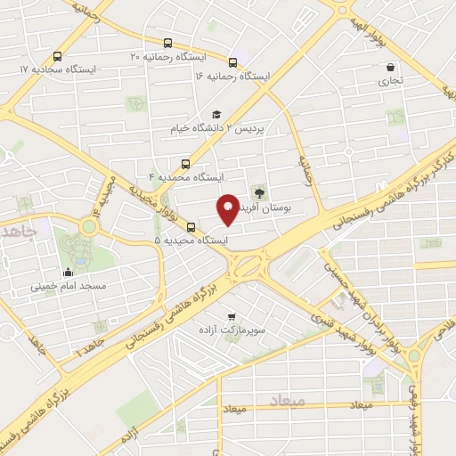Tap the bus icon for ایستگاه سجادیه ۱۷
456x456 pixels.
[x=59, y=53]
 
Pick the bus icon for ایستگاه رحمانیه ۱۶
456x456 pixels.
[x=232, y=62]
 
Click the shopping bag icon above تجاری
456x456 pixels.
[x=390, y=67]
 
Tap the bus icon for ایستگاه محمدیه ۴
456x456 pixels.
[x=185, y=163]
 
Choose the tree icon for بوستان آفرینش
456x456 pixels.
[x=259, y=191]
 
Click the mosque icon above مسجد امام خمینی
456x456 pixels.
[x=69, y=273]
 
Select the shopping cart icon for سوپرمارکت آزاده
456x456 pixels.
[x=232, y=315]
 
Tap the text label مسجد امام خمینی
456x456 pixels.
[x=69, y=287]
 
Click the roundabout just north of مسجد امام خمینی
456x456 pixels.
[x=88, y=227]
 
